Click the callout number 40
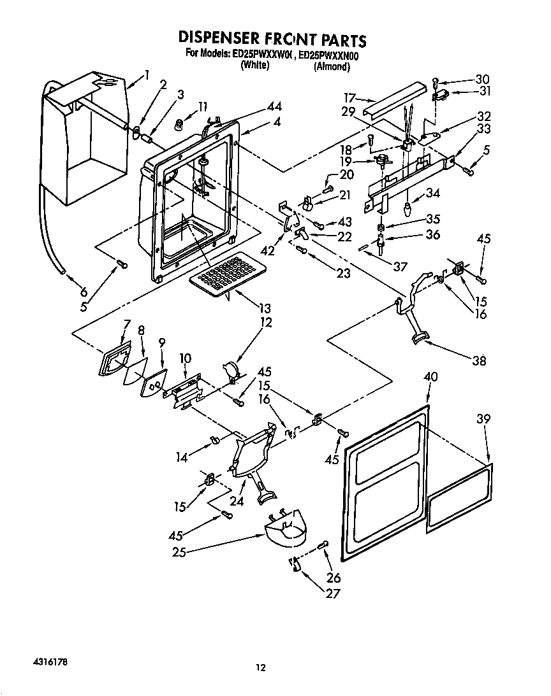click(430, 377)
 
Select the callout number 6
click(83, 293)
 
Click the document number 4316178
click(47, 662)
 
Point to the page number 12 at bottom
click(260, 667)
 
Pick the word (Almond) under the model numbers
click(332, 66)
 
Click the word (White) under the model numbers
click(255, 66)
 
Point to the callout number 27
click(332, 593)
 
